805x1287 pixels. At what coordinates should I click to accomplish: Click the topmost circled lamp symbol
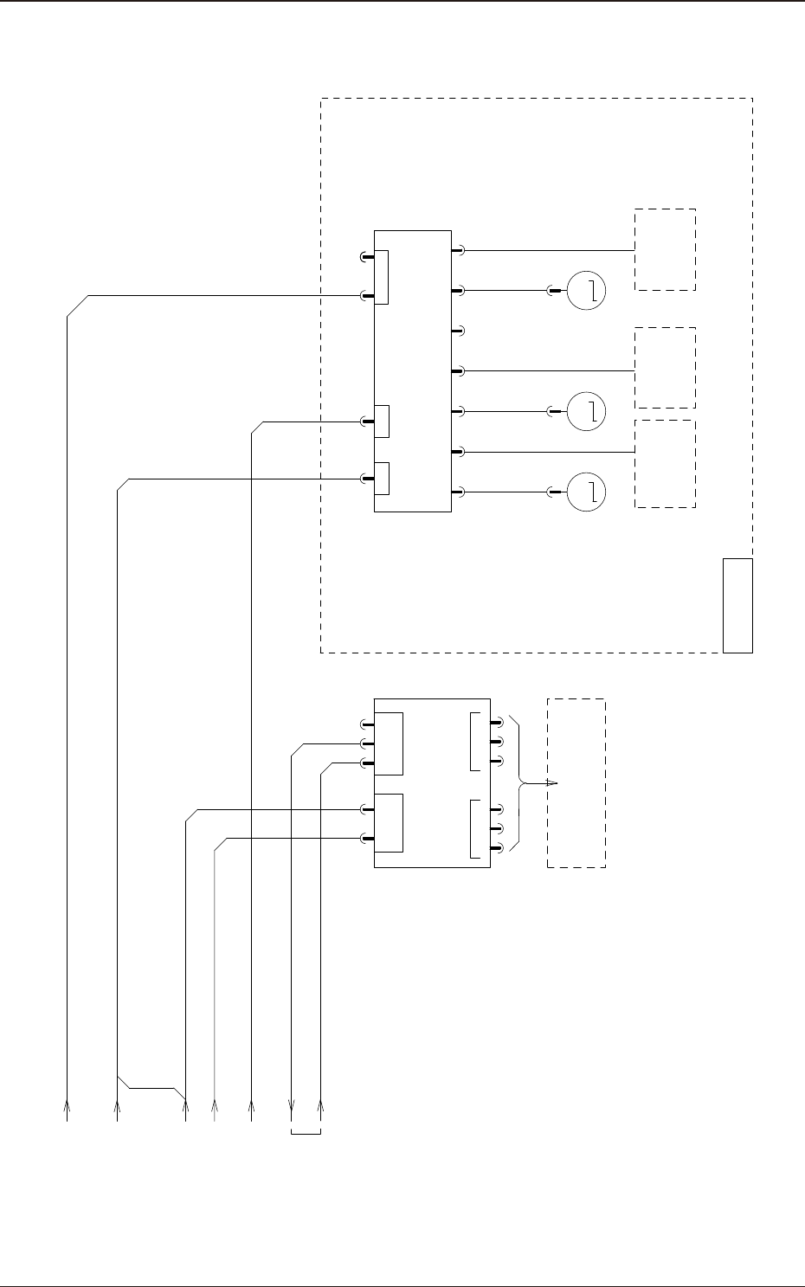tap(586, 290)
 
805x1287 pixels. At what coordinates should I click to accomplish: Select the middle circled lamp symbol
tap(586, 411)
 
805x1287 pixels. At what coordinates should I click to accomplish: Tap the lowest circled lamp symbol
tap(586, 492)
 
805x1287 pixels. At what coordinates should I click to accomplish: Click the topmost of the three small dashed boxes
tap(665, 249)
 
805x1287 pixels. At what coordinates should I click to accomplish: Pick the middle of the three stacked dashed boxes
tap(665, 368)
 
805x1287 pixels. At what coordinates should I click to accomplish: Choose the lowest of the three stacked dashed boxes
tap(665, 464)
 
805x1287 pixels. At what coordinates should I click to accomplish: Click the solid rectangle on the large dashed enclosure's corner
tap(738, 605)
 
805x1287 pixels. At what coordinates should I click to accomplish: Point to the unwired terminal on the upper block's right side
tap(460, 330)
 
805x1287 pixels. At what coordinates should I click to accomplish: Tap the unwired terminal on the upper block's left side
tap(364, 257)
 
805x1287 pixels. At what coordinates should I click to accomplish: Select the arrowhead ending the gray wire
tap(215, 1104)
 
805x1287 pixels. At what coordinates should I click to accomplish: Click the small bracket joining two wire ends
tap(306, 1132)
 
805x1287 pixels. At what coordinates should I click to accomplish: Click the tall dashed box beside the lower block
tap(576, 782)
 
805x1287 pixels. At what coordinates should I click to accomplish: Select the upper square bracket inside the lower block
tap(473, 742)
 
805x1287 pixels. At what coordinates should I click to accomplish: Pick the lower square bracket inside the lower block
tap(473, 829)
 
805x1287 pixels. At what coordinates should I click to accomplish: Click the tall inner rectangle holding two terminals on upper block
tap(382, 277)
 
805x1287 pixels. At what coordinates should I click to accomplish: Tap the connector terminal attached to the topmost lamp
tap(553, 290)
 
